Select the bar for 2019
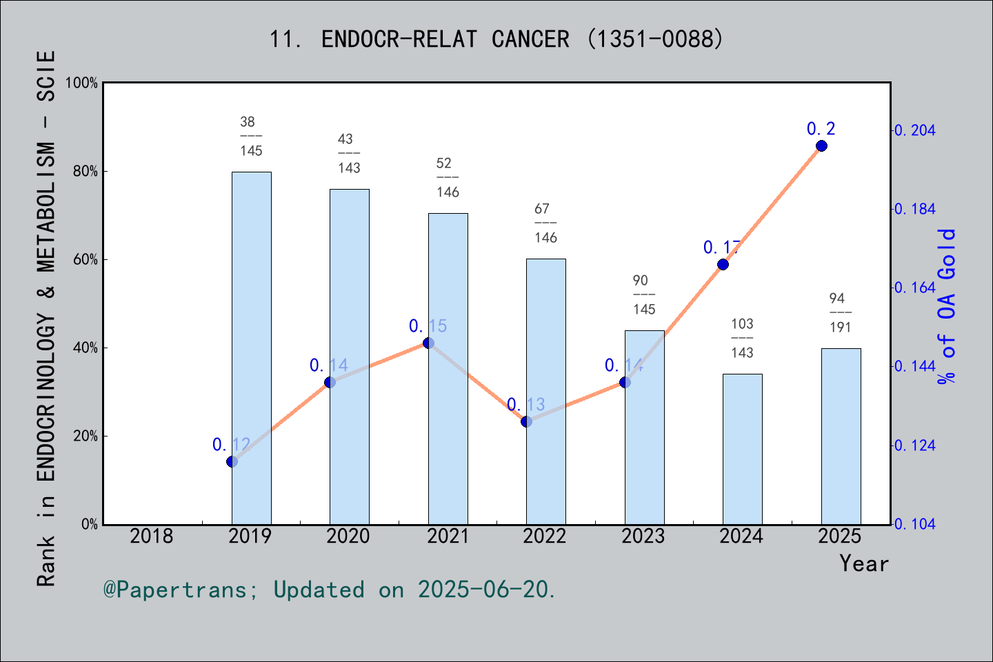pyautogui.click(x=251, y=348)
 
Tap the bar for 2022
pyautogui.click(x=545, y=392)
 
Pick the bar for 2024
pyautogui.click(x=742, y=449)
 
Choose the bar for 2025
pyautogui.click(x=841, y=436)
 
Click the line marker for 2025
pyautogui.click(x=821, y=146)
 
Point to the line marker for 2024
pyautogui.click(x=723, y=264)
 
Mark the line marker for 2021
pyautogui.click(x=428, y=343)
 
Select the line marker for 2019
pyautogui.click(x=232, y=461)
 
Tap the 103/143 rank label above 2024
pyautogui.click(x=742, y=338)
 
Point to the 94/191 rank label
pyautogui.click(x=840, y=312)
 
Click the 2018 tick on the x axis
pyautogui.click(x=152, y=536)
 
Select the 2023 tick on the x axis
pyautogui.click(x=643, y=536)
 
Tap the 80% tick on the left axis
pyautogui.click(x=86, y=172)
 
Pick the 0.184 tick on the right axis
pyautogui.click(x=914, y=209)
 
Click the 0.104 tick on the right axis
pyautogui.click(x=914, y=524)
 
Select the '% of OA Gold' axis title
pyautogui.click(x=946, y=307)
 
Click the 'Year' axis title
pyautogui.click(x=863, y=563)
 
